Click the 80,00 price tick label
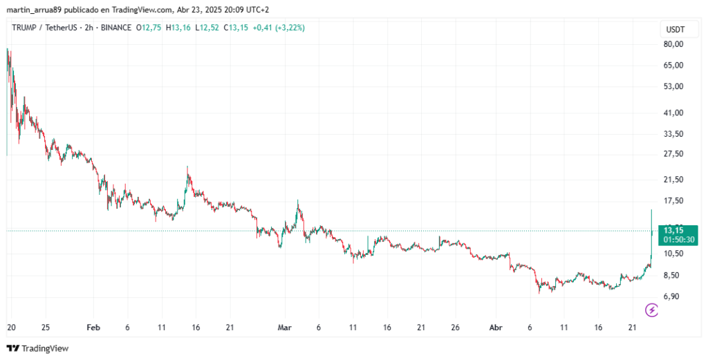(x=673, y=44)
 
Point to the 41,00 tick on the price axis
(x=673, y=113)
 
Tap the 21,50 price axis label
(x=673, y=180)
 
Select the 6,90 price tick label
(x=673, y=296)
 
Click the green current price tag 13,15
(x=673, y=230)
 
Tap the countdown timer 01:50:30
(x=678, y=239)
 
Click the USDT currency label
(x=675, y=30)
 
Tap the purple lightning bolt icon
(x=651, y=310)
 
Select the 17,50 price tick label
(x=673, y=201)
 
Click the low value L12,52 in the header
(x=207, y=28)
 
